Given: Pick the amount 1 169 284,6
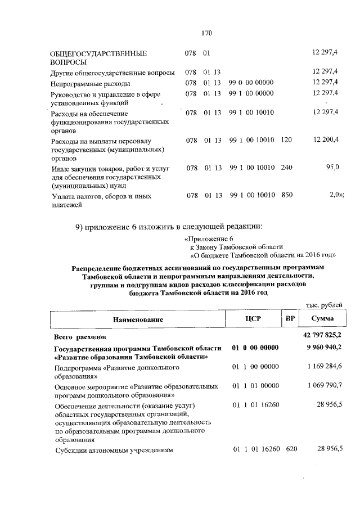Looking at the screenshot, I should coord(325,367).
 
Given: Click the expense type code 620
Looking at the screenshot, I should coord(291,449).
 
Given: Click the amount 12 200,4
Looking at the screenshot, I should coord(325,139).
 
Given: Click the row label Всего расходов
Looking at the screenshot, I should coord(79,337).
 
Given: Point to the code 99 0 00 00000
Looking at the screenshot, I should coord(251,83).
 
